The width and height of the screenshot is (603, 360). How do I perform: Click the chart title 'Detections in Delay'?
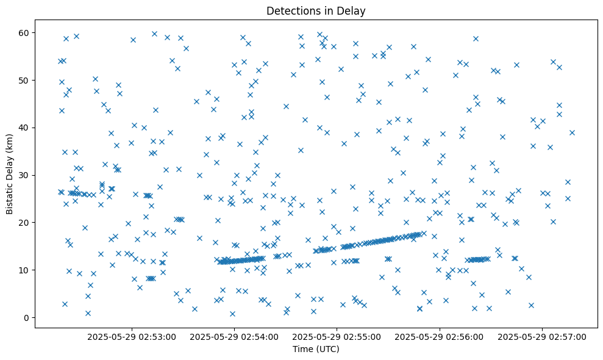tap(316, 10)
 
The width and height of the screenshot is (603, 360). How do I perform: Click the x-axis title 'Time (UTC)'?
tap(316, 350)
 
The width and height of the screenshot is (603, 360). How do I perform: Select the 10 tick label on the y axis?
tap(25, 270)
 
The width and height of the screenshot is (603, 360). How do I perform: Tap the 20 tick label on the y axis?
tap(25, 223)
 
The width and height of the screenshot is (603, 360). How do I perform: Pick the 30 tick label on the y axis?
tap(25, 175)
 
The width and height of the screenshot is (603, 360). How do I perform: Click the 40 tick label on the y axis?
tap(25, 128)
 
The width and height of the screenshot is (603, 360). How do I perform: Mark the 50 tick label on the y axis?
tap(25, 80)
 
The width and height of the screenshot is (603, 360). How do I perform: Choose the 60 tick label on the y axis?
tap(25, 32)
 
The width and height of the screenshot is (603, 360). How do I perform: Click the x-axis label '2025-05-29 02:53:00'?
tap(132, 336)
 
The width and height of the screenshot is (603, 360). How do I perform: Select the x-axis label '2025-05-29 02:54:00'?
tap(234, 336)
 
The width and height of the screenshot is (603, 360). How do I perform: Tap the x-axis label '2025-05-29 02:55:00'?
tap(337, 336)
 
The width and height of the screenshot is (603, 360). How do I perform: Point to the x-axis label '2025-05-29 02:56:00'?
tap(440, 336)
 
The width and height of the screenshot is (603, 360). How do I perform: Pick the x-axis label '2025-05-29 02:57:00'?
tap(542, 336)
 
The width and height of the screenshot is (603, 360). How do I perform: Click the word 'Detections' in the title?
tap(291, 10)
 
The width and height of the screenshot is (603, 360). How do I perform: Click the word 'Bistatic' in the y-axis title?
tap(10, 194)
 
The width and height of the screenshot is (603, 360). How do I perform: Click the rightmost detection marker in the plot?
tap(572, 132)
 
